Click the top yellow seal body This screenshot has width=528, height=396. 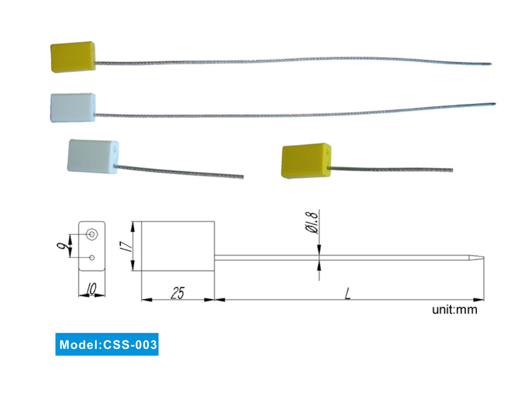(73, 57)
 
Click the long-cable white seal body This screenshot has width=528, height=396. (73, 108)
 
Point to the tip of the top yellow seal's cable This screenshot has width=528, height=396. (490, 64)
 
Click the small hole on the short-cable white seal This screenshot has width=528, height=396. (115, 148)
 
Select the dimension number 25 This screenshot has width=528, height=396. (177, 293)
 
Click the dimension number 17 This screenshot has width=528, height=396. (126, 246)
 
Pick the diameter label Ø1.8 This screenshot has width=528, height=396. (312, 222)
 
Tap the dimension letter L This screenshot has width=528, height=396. (348, 293)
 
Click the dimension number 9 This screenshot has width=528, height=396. (61, 246)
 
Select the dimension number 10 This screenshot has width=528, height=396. (91, 289)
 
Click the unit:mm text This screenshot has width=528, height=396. (454, 310)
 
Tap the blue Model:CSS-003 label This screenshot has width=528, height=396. (107, 344)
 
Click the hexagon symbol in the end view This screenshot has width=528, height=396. (92, 234)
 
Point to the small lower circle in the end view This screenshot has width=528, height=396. (92, 258)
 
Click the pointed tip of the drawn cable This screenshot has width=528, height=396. (483, 258)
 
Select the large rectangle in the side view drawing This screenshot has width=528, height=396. (177, 246)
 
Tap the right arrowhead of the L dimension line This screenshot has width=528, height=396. (479, 300)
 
